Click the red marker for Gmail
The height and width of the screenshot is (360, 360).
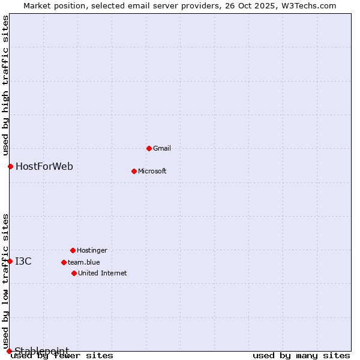click(149, 148)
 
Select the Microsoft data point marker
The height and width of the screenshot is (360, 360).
click(134, 171)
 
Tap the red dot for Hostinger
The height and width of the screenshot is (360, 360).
click(73, 250)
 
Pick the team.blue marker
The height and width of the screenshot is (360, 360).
click(64, 262)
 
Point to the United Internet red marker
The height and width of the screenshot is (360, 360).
click(74, 273)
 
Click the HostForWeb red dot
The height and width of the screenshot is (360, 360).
click(10, 166)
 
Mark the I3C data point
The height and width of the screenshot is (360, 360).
click(10, 261)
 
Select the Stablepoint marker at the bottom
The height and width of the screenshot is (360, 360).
click(9, 351)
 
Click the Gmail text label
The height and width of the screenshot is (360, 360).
click(162, 148)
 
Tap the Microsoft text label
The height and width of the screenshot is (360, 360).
click(152, 171)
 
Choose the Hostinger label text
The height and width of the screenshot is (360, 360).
click(92, 250)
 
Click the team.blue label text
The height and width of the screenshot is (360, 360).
click(84, 262)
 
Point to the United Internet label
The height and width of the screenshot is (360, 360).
click(103, 273)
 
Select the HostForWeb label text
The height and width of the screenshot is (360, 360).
click(44, 166)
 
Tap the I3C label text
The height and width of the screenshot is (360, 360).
click(23, 261)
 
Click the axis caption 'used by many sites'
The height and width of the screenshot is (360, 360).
click(301, 356)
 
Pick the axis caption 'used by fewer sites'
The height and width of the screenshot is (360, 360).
click(62, 356)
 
